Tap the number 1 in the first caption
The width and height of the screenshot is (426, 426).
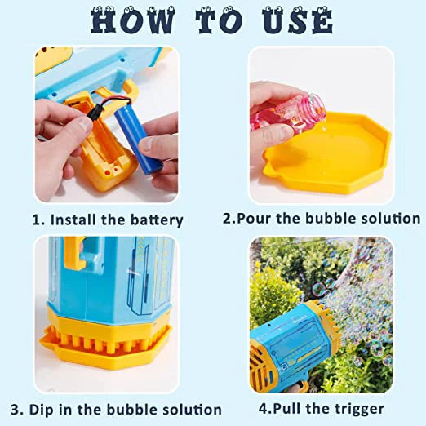[x=36, y=220]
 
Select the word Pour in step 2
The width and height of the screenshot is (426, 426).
[x=257, y=219]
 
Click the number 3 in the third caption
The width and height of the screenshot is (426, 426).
[x=14, y=409]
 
